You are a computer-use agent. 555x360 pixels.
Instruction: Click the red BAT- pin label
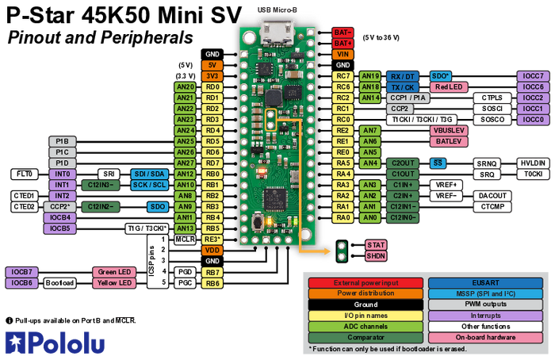343,32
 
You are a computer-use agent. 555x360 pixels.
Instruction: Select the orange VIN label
343,54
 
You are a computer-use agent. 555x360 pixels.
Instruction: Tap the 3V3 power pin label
212,75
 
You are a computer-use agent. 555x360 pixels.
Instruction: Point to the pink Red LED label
450,86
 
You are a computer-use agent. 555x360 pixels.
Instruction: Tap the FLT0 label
24,174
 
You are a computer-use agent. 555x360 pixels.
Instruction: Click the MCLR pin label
185,239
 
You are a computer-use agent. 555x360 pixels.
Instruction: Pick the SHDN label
375,256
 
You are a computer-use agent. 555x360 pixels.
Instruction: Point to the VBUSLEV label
449,130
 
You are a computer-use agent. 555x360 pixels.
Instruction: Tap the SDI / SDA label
149,174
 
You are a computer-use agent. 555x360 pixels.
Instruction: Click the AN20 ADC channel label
185,86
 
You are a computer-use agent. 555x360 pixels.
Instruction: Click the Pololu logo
54,342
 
